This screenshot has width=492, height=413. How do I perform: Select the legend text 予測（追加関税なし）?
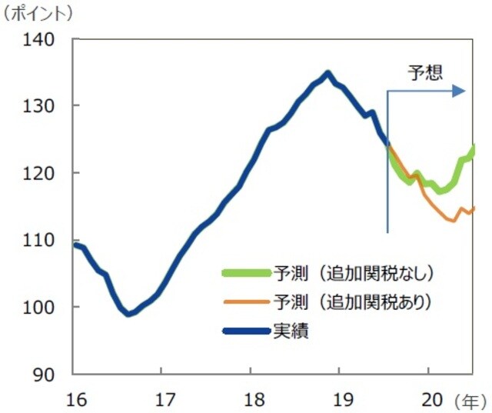click(x=354, y=273)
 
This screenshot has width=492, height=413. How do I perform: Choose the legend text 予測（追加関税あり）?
click(x=354, y=301)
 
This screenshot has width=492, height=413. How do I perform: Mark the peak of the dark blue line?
click(x=327, y=73)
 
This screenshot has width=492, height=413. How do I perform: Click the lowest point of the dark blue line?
click(x=129, y=314)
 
